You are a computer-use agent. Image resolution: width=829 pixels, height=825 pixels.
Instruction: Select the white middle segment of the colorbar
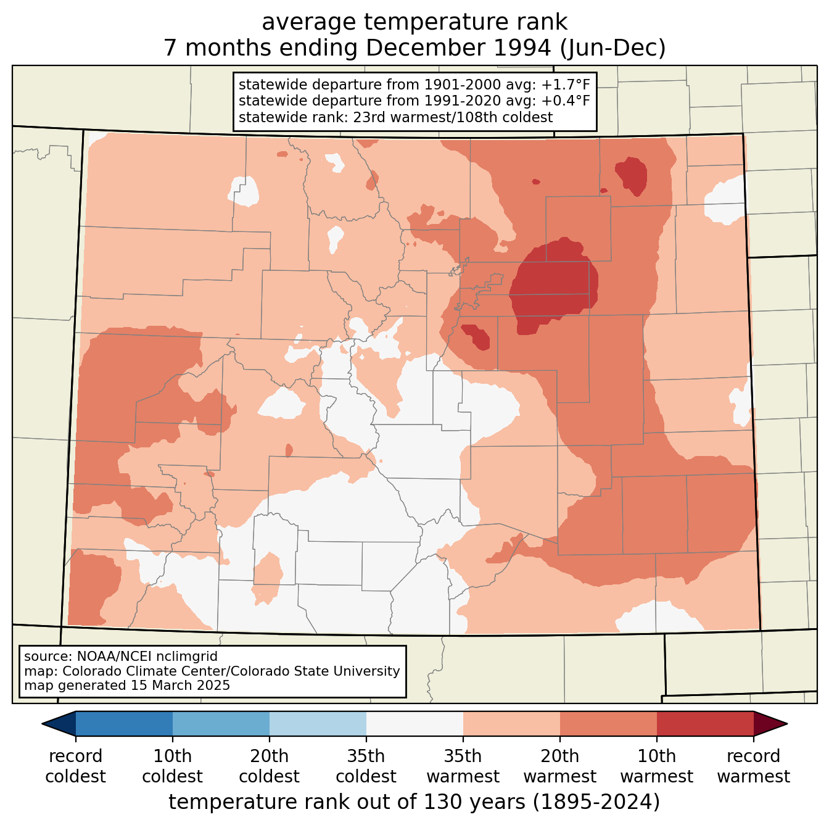point(414,724)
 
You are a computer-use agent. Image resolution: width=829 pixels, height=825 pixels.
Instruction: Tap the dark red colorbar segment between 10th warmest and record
point(705,724)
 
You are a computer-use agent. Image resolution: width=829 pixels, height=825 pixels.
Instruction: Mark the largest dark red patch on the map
point(553,286)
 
